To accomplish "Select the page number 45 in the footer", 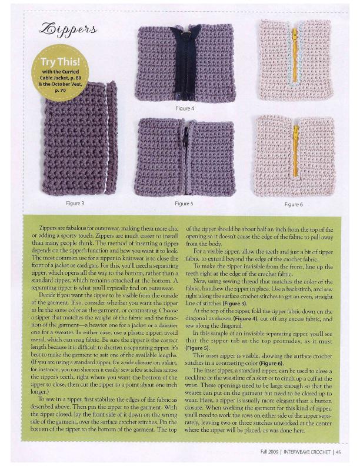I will [x=339, y=452].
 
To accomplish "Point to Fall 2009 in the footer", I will [x=261, y=452].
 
